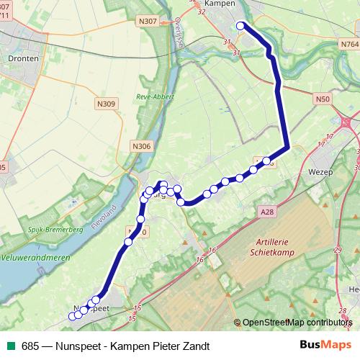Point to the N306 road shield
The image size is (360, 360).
coord(142,146)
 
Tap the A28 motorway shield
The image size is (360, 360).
coord(266,211)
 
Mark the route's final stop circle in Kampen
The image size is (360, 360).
coord(240,27)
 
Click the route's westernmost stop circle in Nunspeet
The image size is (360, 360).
coord(71,317)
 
